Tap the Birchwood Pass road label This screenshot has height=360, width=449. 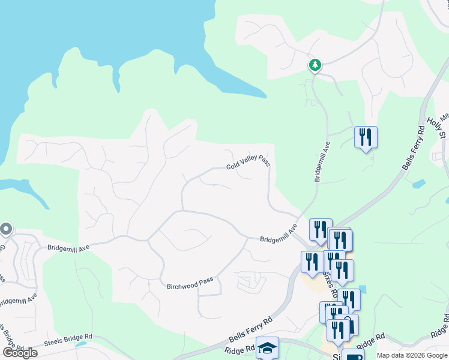coord(190,283)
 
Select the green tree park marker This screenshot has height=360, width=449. coord(315,65)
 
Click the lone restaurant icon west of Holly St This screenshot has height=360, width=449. coord(365,138)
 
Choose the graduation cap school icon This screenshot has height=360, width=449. coord(267,348)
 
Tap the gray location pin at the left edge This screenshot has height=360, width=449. coord(6,230)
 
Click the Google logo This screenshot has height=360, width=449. coord(20,353)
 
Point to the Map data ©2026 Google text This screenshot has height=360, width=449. coord(412,355)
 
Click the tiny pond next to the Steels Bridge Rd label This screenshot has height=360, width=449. coord(79,344)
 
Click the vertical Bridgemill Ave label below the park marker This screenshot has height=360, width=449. coord(322,161)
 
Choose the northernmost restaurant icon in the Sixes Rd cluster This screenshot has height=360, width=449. coord(321,230)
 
